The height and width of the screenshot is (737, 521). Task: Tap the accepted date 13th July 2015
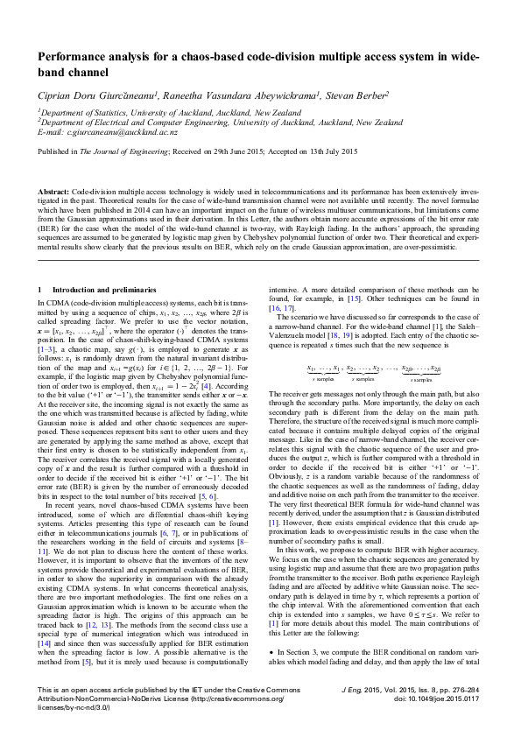[327, 151]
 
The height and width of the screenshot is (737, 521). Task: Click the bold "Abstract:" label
[53, 190]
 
